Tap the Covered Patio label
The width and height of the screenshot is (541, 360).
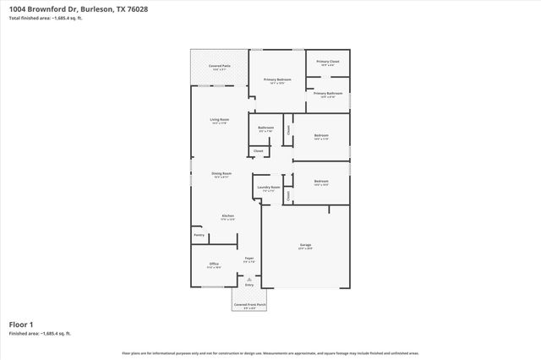[221, 65]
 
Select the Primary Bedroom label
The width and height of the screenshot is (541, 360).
[277, 79]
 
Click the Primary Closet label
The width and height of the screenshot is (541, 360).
[327, 62]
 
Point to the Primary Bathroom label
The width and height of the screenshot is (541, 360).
[327, 93]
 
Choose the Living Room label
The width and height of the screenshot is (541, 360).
[221, 120]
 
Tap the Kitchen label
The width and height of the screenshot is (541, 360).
[227, 215]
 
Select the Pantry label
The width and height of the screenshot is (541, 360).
[199, 235]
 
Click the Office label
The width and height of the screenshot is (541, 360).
[214, 264]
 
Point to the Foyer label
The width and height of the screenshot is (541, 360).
[249, 258]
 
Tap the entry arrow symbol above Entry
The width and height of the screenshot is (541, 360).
[249, 278]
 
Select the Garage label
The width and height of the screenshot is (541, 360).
[304, 245]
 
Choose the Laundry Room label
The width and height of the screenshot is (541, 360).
[269, 188]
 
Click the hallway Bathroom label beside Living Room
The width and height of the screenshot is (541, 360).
[265, 128]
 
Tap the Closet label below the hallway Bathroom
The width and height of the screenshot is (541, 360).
[258, 150]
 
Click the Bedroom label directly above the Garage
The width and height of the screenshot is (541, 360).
[321, 181]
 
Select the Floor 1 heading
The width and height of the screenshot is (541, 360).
[20, 324]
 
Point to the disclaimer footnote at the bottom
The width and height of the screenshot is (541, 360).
[270, 352]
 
